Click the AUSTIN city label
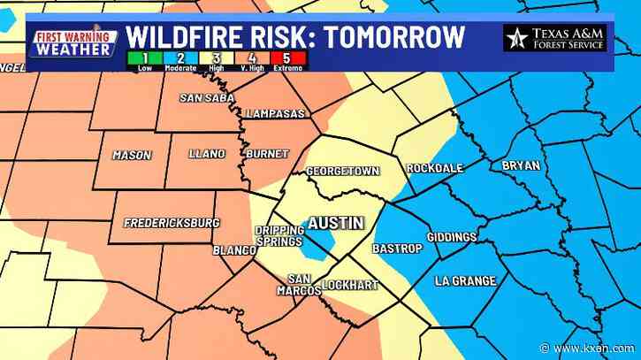pyautogui.click(x=335, y=223)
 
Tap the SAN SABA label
pyautogui.click(x=204, y=98)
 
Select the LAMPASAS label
pyautogui.click(x=276, y=114)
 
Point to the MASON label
pyautogui.click(x=132, y=156)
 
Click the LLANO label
pyautogui.click(x=209, y=154)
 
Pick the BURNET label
pyautogui.click(x=266, y=154)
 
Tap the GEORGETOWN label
pyautogui.click(x=342, y=171)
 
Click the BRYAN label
pyautogui.click(x=520, y=165)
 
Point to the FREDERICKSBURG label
pyautogui.click(x=172, y=222)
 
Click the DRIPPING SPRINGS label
pyautogui.click(x=279, y=236)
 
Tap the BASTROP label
pyautogui.click(x=397, y=249)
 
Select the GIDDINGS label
pyautogui.click(x=451, y=237)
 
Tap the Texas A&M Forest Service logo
pyautogui.click(x=554, y=38)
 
